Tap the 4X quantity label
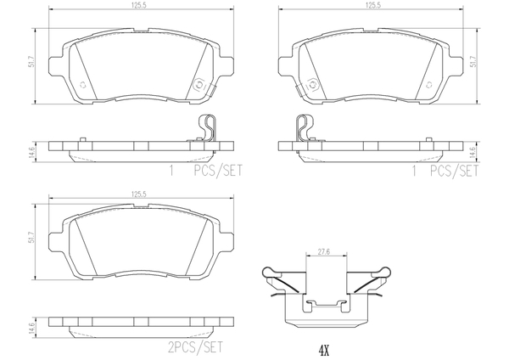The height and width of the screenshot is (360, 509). [x=324, y=351]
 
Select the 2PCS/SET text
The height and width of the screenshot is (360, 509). [x=196, y=347]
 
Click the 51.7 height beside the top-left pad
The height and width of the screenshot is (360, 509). [x=31, y=61]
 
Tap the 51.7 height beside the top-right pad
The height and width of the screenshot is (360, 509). [x=473, y=61]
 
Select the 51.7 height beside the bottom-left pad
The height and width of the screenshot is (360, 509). [x=31, y=237]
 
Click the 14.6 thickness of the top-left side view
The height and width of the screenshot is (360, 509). [x=31, y=152]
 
